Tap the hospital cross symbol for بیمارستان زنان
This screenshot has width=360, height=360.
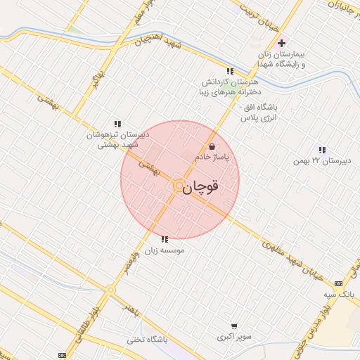282,43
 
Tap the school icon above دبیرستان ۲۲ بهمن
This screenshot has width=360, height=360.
322,150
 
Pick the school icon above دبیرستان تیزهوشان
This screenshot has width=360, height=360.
117,123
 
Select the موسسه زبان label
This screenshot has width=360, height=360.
164,250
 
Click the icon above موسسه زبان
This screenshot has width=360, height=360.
165,239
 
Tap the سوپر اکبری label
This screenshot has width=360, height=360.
233,337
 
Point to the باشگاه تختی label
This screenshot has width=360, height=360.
146,339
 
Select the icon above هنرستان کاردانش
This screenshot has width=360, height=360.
230,71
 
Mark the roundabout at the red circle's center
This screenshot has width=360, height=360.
179,185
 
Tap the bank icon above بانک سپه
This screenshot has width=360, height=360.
340,283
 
